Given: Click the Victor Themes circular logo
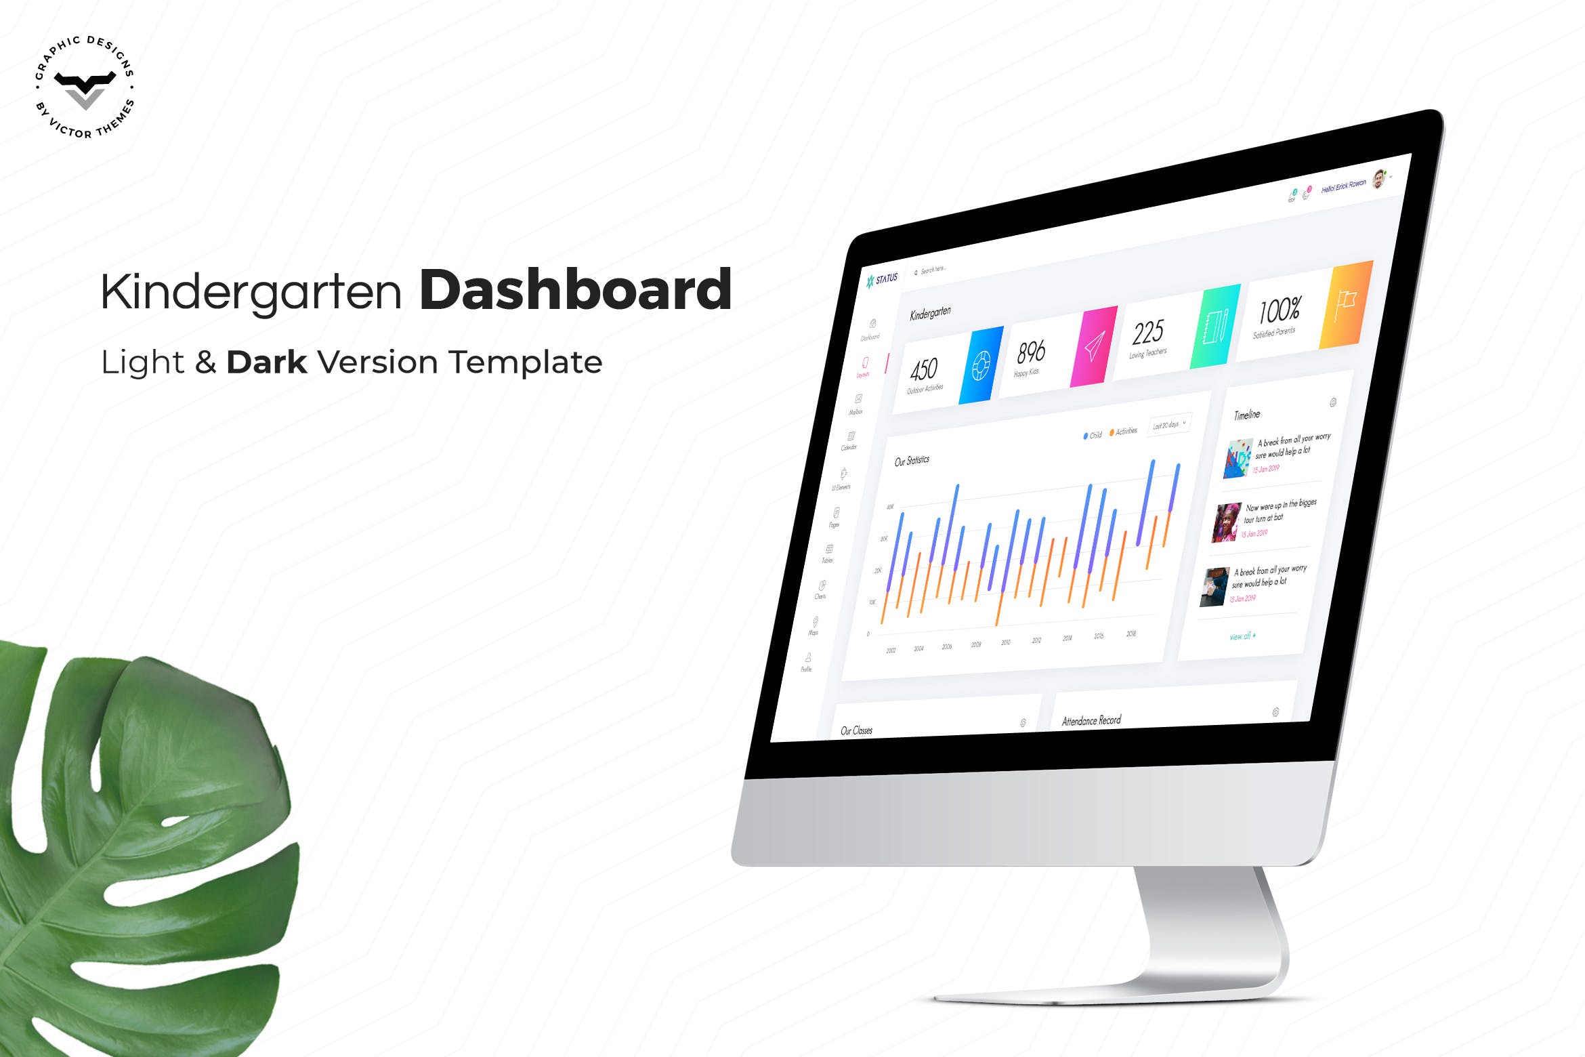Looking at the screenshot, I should point(85,87).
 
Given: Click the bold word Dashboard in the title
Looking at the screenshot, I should point(575,290).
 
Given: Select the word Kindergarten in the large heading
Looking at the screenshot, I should point(251,292).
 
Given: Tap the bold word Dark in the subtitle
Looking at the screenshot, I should point(266,362).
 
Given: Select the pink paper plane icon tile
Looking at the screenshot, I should point(1093,347).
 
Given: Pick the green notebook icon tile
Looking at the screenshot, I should point(1215,327).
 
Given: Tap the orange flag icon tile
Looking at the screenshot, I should point(1345,305).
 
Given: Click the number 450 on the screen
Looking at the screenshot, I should point(924,370).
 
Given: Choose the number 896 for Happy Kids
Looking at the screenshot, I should point(1031,352).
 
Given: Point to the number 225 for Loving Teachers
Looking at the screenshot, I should point(1148,332).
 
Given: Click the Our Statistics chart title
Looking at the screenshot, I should point(912,461).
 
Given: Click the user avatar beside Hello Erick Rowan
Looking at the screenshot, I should point(1378,179).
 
